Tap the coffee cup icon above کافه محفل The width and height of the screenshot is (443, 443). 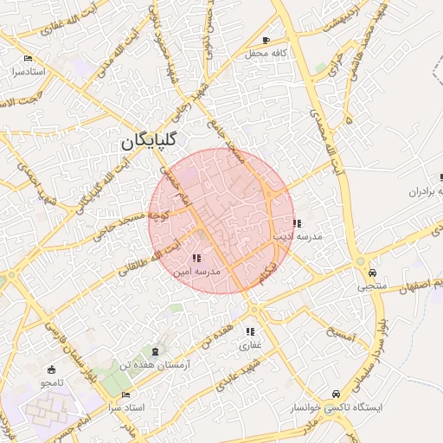pos(266,40)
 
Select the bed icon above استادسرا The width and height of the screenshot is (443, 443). pos(28,59)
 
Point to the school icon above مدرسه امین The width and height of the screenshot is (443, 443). pos(197,258)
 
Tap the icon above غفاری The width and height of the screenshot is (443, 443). pos(250,331)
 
